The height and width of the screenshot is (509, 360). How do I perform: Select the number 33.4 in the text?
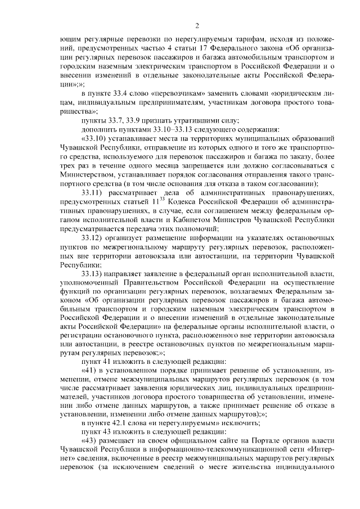(x=119, y=93)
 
